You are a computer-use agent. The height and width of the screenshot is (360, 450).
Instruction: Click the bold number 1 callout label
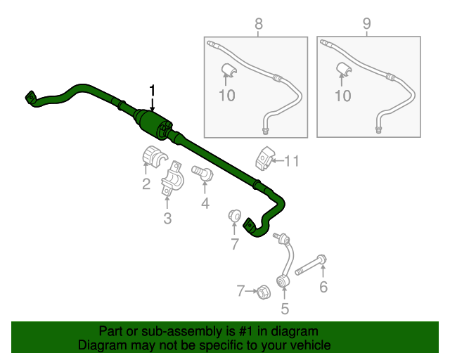[x=152, y=90]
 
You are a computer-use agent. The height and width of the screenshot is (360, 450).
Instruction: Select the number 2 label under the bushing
[x=146, y=184]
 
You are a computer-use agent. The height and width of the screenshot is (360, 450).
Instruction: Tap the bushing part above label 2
[x=155, y=157]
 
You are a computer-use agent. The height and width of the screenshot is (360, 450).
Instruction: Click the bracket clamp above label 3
[x=172, y=179]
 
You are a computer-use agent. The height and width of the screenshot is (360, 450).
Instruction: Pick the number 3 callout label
[x=167, y=218]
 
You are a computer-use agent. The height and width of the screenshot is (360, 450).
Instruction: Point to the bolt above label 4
[x=202, y=173]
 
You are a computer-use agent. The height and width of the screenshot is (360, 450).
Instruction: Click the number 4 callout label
[x=205, y=203]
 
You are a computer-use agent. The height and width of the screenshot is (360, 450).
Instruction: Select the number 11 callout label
[x=292, y=161]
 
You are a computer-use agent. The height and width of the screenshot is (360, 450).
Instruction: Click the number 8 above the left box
[x=259, y=24]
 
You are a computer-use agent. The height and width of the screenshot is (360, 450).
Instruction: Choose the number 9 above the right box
[x=367, y=23]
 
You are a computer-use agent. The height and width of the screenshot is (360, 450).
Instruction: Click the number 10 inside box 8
[x=226, y=96]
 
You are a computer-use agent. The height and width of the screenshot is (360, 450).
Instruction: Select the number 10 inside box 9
[x=343, y=96]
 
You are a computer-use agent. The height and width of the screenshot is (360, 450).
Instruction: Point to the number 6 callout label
[x=323, y=287]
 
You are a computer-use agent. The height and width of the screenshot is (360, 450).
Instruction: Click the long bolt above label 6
[x=311, y=266]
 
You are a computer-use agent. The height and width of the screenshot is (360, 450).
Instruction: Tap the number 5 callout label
[x=285, y=309]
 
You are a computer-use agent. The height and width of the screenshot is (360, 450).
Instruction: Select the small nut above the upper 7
[x=234, y=216]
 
